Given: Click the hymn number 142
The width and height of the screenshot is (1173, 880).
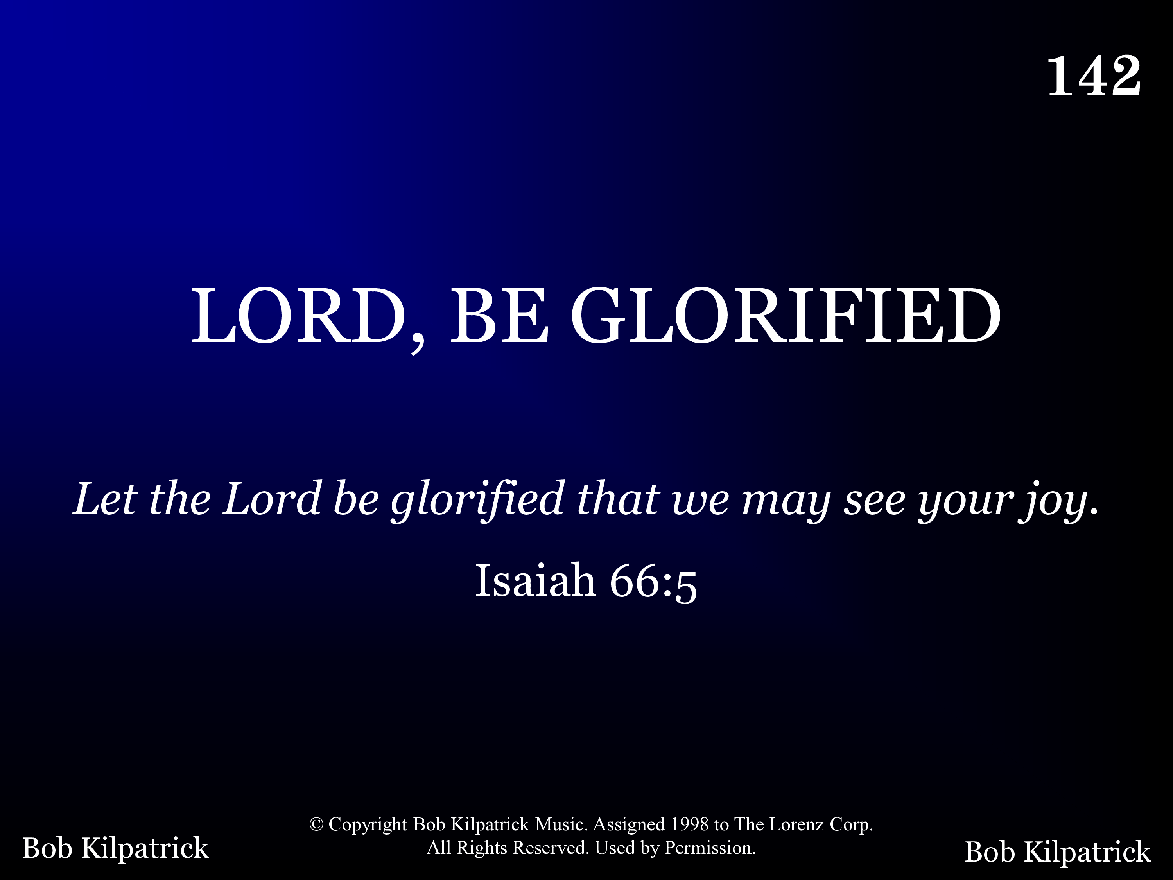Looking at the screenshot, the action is (1094, 76).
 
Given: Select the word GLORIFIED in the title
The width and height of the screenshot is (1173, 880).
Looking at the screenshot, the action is (786, 315).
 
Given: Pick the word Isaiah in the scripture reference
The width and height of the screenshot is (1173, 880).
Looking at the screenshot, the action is (535, 580).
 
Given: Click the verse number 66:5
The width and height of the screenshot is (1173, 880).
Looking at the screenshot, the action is (653, 582).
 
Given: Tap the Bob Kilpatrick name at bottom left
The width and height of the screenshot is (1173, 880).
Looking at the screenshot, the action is (116, 848).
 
